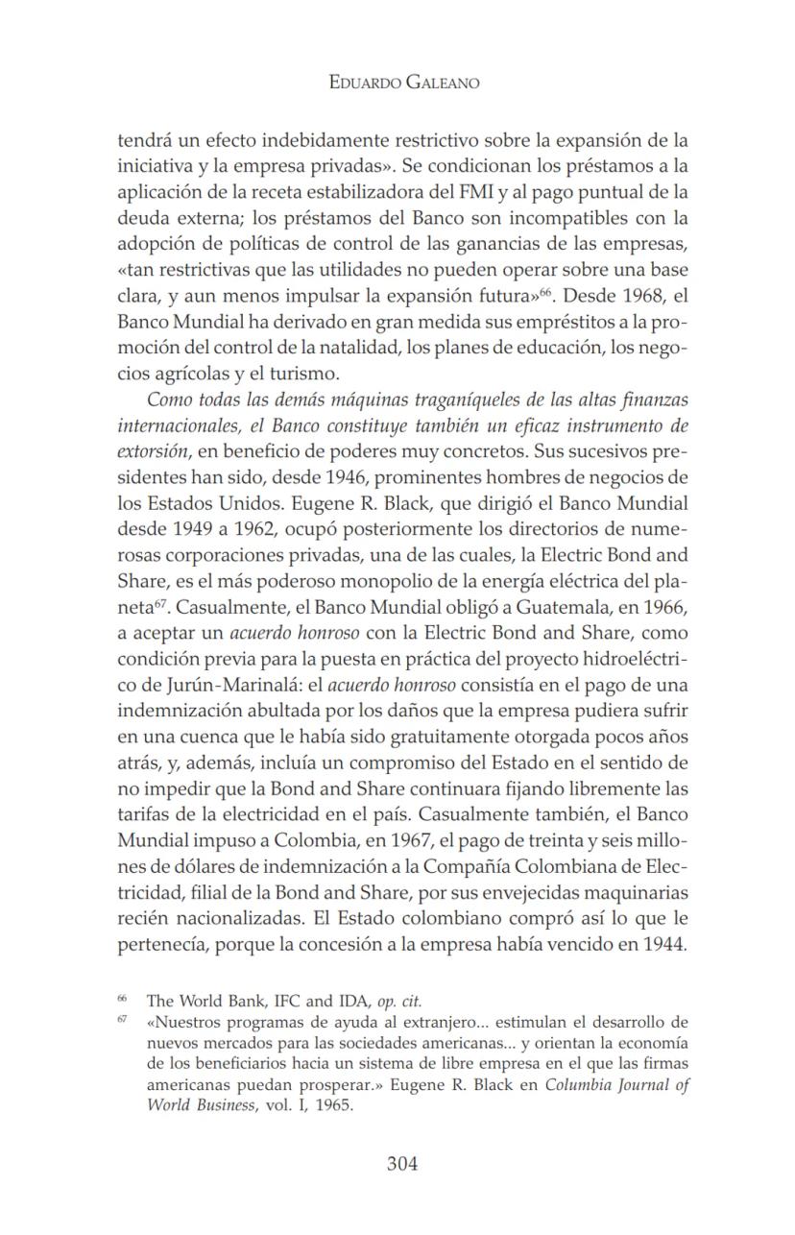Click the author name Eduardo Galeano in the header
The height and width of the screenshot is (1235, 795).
[x=403, y=83]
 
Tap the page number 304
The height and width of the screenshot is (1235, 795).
[x=402, y=1164]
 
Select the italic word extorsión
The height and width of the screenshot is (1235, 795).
[x=152, y=448]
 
